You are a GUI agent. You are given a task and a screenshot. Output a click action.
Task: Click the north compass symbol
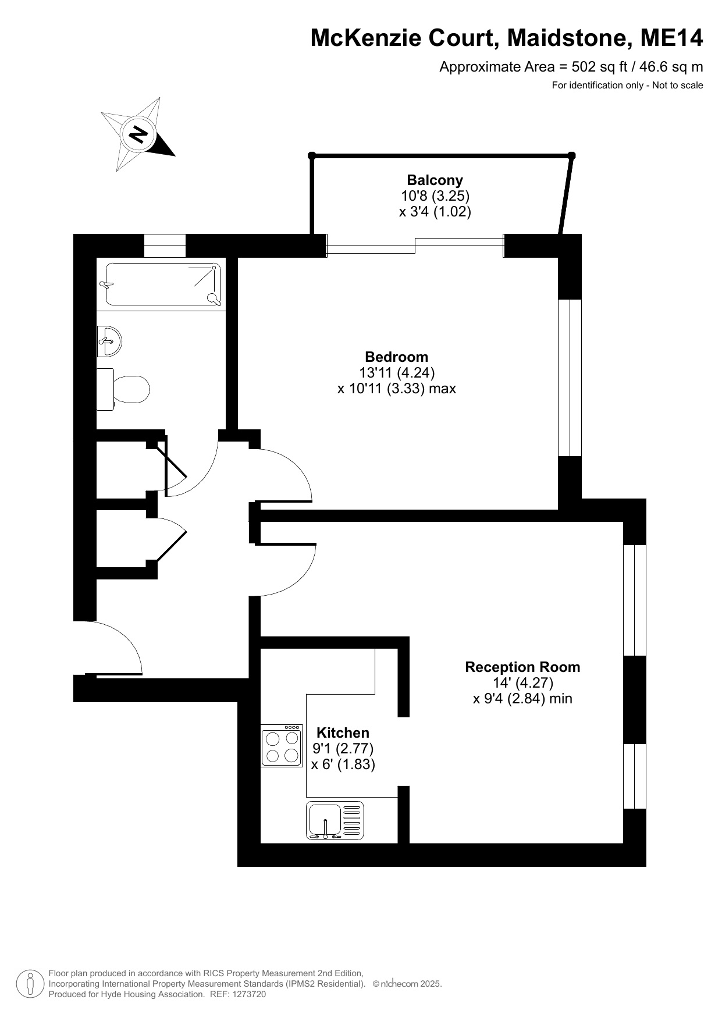(x=138, y=134)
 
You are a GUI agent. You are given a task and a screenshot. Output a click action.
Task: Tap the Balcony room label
(x=435, y=180)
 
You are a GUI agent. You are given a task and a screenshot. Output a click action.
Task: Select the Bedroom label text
(x=396, y=357)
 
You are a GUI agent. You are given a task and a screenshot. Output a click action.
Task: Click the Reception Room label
(x=522, y=667)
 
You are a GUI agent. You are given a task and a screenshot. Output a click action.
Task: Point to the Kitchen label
(x=343, y=732)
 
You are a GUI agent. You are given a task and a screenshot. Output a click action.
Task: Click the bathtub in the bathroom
(x=163, y=284)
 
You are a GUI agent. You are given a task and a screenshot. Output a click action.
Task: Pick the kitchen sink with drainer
(x=335, y=820)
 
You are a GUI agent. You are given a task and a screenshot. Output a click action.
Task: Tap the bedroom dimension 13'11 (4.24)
(x=397, y=372)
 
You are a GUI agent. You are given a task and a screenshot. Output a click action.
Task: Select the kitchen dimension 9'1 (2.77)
(x=343, y=748)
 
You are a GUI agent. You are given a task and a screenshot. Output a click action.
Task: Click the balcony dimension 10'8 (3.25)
(x=435, y=195)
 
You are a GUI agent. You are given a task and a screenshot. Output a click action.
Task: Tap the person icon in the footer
(x=30, y=984)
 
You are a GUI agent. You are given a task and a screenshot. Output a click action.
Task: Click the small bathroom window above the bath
(x=165, y=245)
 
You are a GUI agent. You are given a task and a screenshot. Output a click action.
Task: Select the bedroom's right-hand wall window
(x=570, y=378)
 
